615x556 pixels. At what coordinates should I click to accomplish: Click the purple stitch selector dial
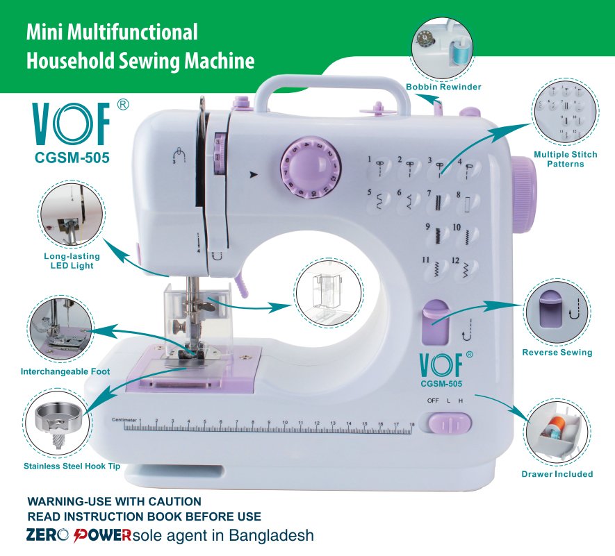(310, 168)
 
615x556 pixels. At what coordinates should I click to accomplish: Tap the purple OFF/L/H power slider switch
(450, 424)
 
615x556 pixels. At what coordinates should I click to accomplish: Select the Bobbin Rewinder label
(443, 87)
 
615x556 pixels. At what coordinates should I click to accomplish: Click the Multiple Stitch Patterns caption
(566, 159)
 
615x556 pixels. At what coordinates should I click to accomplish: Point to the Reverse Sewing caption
(557, 352)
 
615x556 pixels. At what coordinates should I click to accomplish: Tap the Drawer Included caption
(557, 474)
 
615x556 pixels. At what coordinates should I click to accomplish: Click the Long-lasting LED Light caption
(72, 261)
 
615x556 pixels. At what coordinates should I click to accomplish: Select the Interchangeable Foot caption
(65, 371)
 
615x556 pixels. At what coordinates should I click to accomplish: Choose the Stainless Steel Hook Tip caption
(72, 466)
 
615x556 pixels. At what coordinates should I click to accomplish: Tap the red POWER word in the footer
(102, 536)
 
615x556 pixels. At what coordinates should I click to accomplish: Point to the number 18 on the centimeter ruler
(412, 424)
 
